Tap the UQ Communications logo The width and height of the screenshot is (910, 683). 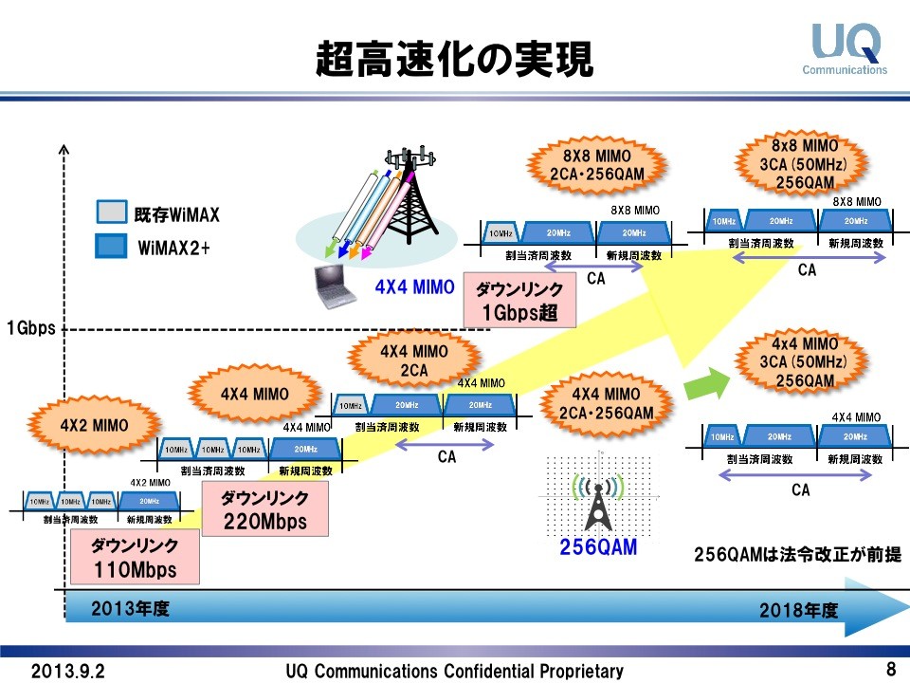(846, 48)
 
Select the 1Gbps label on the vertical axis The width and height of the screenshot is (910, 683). (30, 329)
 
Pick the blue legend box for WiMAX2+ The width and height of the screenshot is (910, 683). (111, 247)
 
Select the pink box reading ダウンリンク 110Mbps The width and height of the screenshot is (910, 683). (135, 558)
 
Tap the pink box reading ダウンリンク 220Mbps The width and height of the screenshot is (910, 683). (264, 509)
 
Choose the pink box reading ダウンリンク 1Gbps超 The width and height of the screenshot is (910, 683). (519, 302)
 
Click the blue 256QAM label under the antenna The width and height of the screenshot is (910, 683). (597, 547)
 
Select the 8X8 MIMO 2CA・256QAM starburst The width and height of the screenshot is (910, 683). (596, 163)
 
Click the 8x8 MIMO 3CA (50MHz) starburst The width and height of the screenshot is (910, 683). (804, 163)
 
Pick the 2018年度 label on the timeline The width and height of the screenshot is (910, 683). (798, 611)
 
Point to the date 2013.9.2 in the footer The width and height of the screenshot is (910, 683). (68, 671)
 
